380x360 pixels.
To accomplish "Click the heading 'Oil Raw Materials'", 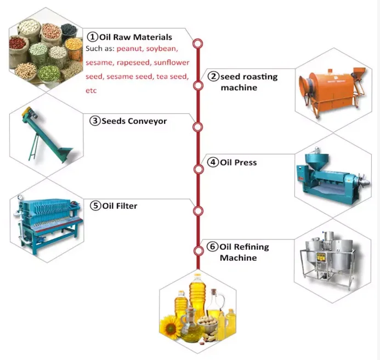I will pos(135,37).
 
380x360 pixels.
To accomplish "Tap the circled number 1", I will pos(92,37).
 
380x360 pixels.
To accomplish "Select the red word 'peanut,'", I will pos(130,49).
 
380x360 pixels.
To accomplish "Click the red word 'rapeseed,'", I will pos(133,63).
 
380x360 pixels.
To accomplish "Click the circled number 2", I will pos(213,77).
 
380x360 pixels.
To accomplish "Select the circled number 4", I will pos(213,163).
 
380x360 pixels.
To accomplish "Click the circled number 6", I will pos(213,246).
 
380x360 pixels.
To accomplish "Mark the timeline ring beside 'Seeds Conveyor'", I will pos(198,128).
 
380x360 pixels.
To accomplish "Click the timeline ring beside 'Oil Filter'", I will pos(198,210).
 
